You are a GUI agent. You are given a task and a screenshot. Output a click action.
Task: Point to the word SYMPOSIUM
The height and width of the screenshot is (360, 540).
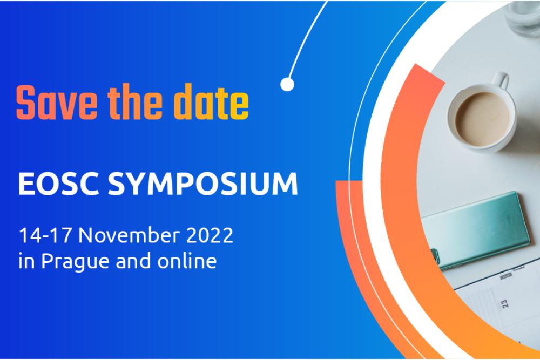coord(203,185)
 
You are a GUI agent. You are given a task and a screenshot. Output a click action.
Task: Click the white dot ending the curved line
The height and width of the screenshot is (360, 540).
coord(287,84)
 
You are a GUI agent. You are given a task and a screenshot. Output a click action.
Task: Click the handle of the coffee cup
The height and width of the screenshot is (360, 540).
coord(501,81)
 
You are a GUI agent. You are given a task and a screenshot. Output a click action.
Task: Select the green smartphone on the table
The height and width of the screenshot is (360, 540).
coord(475,229)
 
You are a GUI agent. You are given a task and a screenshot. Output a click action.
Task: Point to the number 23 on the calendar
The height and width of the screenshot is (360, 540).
coord(505,304)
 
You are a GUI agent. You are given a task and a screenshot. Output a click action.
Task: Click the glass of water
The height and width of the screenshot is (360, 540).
coord(523,16)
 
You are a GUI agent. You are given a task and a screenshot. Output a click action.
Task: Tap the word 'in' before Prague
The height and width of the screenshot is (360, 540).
coord(26,261)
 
